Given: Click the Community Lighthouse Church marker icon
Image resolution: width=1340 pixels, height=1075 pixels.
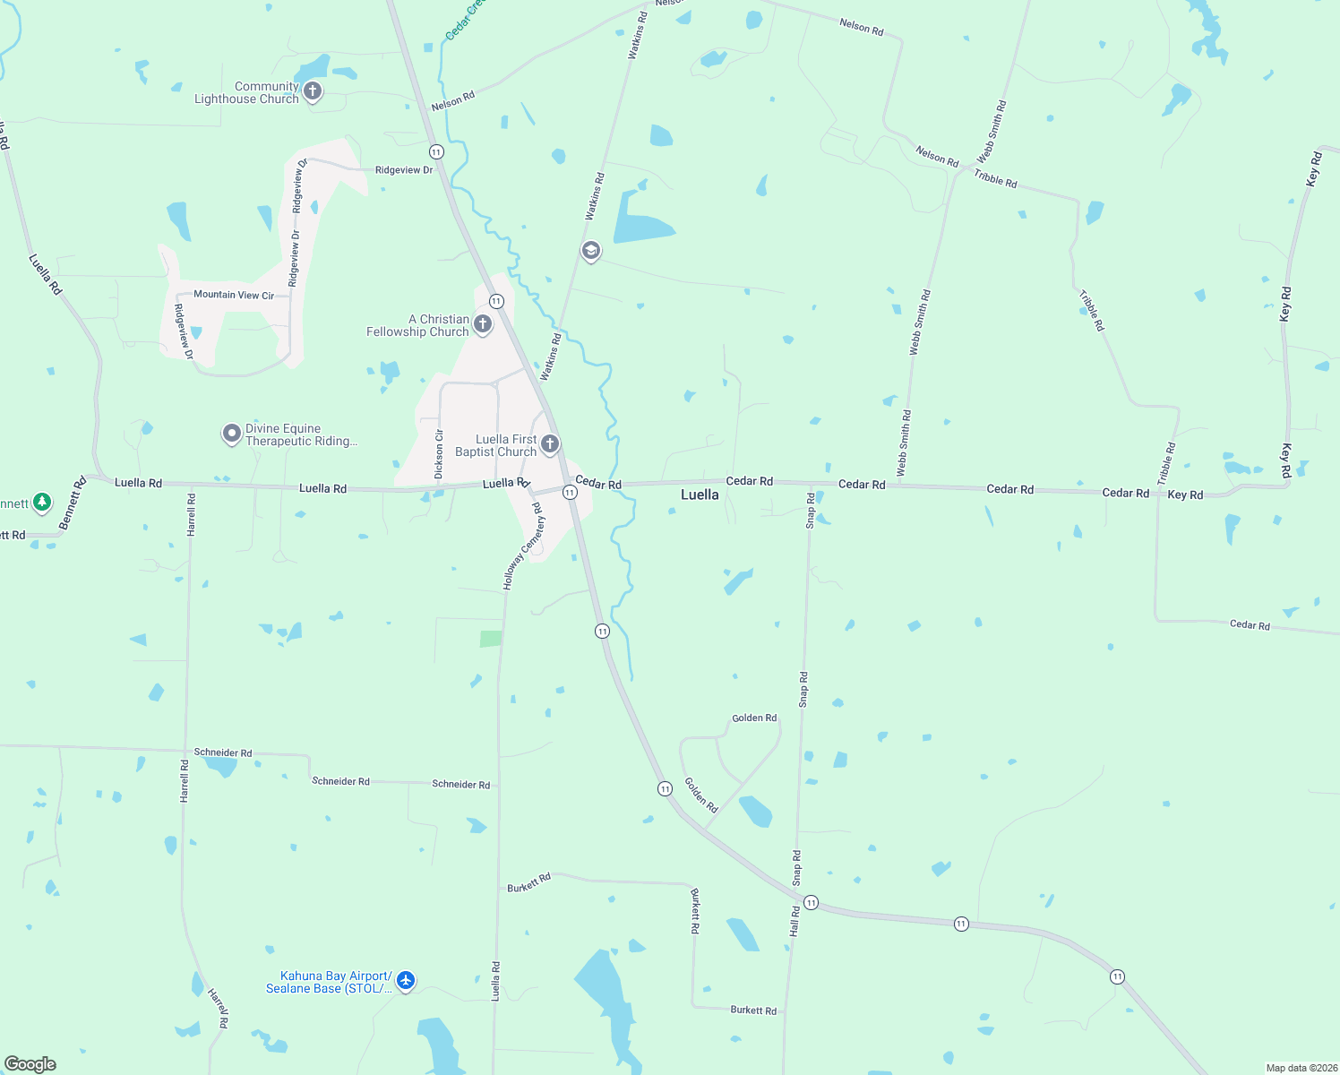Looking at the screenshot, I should pos(313,90).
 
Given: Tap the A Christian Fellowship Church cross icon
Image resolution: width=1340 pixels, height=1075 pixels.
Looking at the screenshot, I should pos(483,324).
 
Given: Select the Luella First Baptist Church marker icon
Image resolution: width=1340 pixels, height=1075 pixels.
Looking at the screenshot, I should pos(550,443).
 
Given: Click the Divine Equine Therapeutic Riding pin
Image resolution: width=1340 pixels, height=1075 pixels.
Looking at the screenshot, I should pos(232,434).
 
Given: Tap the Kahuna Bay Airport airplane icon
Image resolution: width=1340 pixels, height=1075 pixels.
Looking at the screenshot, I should pos(406,981).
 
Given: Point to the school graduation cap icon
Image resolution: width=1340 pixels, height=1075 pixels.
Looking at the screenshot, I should pos(590,250).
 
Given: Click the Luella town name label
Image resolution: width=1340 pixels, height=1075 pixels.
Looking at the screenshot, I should pos(700,494).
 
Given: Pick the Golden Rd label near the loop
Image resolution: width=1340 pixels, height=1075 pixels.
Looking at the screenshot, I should pos(754,718).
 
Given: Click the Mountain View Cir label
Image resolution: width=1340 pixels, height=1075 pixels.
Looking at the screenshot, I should pos(234,295).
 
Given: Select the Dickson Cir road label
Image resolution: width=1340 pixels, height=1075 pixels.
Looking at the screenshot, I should pos(439,454).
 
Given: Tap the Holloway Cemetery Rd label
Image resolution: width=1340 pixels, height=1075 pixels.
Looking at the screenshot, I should pos(523,546).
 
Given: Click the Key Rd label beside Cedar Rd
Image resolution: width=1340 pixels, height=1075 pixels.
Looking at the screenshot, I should pos(1185,494).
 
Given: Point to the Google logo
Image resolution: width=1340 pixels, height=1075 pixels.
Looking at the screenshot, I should pos(30,1064).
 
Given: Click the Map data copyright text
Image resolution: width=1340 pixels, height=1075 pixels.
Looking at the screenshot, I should pos(1301,1068).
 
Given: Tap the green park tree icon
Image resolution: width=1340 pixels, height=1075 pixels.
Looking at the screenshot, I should pos(42,503).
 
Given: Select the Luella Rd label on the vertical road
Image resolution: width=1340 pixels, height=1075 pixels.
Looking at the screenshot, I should pos(496,981).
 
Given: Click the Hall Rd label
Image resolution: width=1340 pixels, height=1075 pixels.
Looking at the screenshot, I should pos(795,922).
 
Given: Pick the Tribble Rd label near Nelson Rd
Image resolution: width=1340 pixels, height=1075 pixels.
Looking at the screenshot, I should pos(995,179).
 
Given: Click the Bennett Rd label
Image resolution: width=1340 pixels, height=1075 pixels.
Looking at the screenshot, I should pos(72,503).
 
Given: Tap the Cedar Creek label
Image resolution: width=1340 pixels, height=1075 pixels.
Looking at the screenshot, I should pos(464,20).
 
